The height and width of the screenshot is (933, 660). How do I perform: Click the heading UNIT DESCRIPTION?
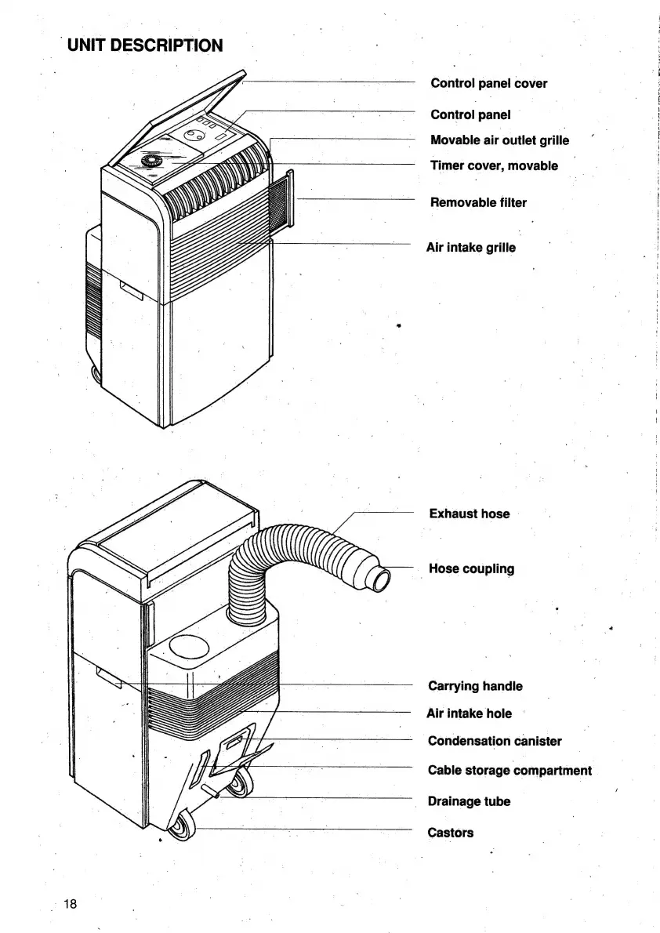click(145, 45)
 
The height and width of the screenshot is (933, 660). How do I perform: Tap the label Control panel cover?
click(488, 83)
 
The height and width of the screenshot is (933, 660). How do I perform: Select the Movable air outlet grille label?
click(499, 140)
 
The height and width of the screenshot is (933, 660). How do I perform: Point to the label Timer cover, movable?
click(494, 165)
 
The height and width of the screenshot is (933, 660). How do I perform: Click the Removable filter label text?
click(478, 202)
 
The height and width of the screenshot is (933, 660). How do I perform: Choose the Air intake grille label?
click(470, 248)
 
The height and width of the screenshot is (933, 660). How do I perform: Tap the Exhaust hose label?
click(469, 514)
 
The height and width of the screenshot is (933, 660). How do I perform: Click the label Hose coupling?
click(471, 568)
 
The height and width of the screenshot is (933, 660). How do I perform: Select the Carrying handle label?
click(474, 686)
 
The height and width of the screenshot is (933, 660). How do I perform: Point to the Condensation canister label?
click(494, 741)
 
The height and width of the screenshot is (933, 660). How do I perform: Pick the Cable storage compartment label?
click(509, 770)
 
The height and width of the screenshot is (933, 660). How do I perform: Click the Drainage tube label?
click(468, 801)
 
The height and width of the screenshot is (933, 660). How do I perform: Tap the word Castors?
click(450, 833)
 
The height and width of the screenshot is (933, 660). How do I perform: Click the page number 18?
click(71, 904)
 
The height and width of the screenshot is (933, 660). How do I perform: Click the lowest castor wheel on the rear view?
click(181, 828)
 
